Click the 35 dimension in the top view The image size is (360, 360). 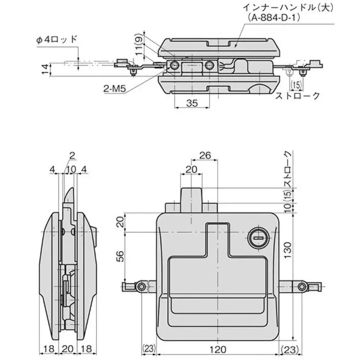pyautogui.click(x=192, y=103)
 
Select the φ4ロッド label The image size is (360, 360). pyautogui.click(x=57, y=40)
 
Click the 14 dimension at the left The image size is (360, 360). pyautogui.click(x=44, y=69)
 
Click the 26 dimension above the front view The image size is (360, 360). pyautogui.click(x=205, y=156)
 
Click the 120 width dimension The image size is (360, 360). pyautogui.click(x=218, y=349)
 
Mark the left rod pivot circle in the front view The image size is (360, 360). pyautogui.click(x=142, y=286)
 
